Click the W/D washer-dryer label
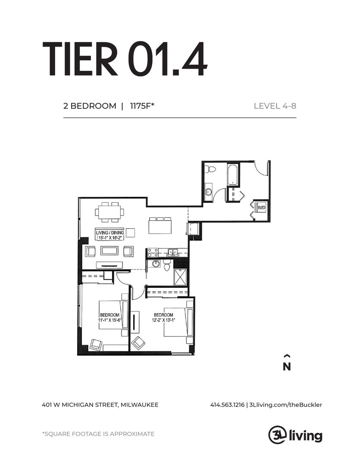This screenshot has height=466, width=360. tap(261, 208)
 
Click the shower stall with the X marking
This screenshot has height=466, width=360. tap(180, 277)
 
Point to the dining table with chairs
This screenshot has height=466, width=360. tap(110, 212)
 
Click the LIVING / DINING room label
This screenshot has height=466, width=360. tap(110, 233)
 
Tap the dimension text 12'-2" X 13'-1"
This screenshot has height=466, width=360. tap(163, 321)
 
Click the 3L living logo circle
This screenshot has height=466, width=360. tap(276, 434)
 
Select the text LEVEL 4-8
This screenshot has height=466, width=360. tap(275, 106)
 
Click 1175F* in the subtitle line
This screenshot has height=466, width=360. tap(141, 106)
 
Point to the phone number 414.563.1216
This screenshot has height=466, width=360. tap(227, 405)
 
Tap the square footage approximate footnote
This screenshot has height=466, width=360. tap(98, 434)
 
